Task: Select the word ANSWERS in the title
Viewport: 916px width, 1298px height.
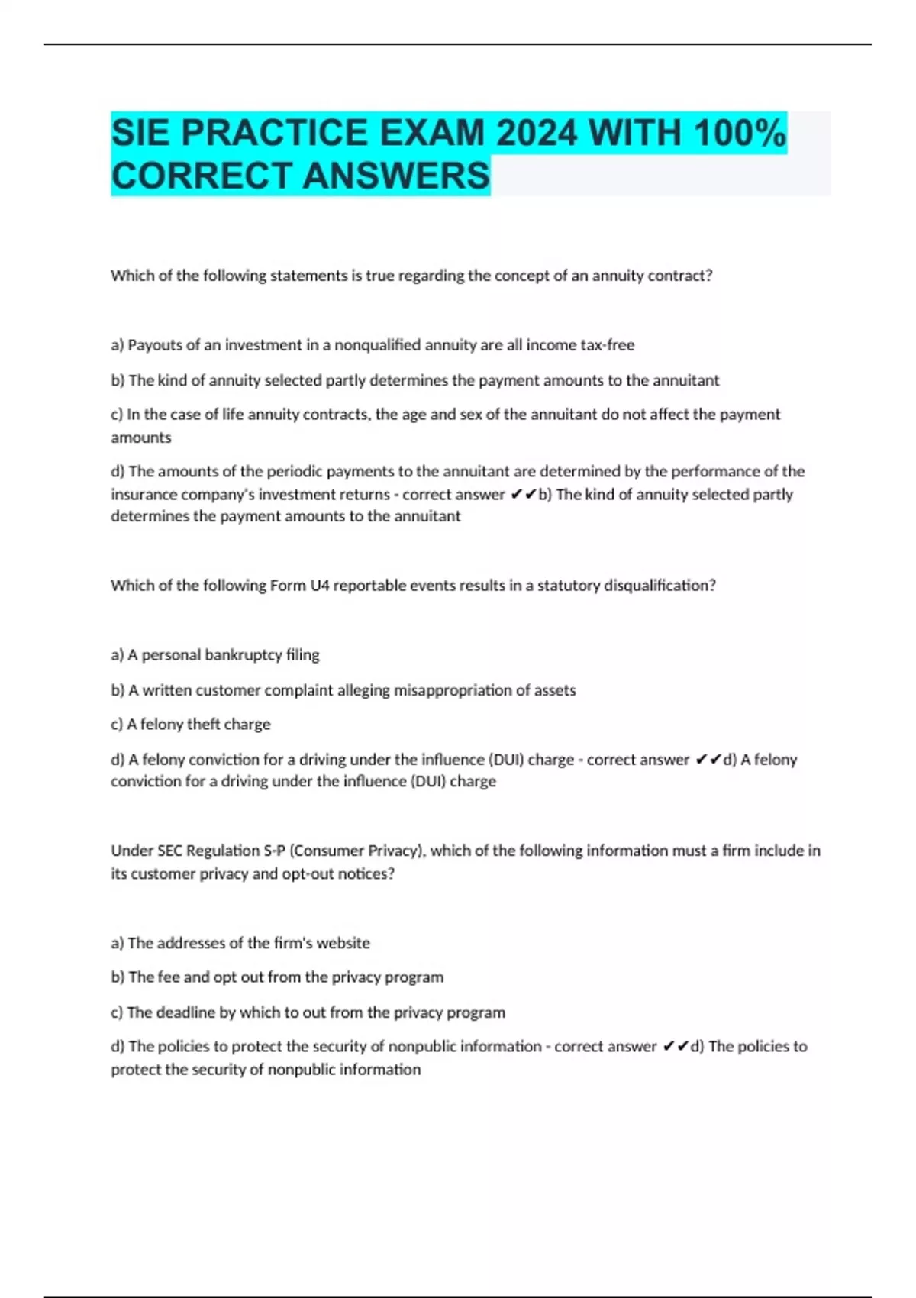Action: pyautogui.click(x=396, y=176)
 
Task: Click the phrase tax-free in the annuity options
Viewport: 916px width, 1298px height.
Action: pyautogui.click(x=607, y=345)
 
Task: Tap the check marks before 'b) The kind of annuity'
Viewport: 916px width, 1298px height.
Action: pyautogui.click(x=524, y=495)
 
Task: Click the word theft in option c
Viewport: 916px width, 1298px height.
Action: pyautogui.click(x=202, y=725)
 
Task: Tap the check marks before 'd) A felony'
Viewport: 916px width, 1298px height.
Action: pyautogui.click(x=708, y=760)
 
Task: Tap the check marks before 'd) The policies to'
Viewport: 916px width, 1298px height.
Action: pyautogui.click(x=676, y=1047)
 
